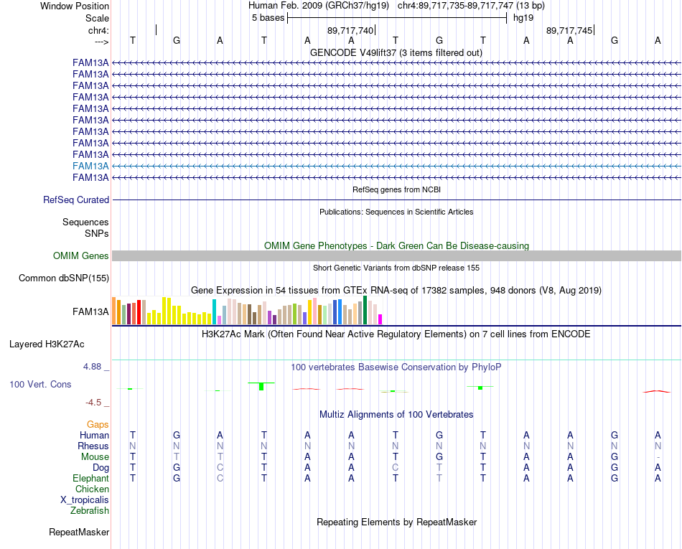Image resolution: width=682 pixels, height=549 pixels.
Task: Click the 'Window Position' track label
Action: (x=75, y=6)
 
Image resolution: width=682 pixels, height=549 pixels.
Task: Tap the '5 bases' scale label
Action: (x=268, y=18)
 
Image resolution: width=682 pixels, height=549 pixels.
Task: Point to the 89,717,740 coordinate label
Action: (x=350, y=30)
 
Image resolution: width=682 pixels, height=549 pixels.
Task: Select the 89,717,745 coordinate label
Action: (x=569, y=30)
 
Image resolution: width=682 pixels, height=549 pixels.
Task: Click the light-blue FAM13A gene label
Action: (x=90, y=166)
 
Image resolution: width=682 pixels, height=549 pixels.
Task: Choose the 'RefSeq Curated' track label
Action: (x=76, y=200)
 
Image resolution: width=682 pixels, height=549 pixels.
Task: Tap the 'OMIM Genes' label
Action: (x=81, y=255)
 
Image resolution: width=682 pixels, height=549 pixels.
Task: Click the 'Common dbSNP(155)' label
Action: (x=64, y=278)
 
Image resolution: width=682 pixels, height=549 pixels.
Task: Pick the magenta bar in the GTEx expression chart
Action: (x=380, y=319)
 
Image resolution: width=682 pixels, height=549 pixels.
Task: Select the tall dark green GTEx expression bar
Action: (x=365, y=310)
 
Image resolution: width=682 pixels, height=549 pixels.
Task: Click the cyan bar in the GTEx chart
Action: (x=214, y=311)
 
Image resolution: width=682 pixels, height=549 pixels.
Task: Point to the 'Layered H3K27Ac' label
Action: (x=47, y=344)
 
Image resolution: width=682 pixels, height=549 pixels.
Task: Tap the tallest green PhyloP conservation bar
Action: (x=261, y=386)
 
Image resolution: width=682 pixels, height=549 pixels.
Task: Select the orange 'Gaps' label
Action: (x=98, y=424)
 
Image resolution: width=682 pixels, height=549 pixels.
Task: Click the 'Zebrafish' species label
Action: (x=90, y=510)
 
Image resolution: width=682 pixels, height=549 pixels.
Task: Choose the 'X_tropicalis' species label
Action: (x=85, y=500)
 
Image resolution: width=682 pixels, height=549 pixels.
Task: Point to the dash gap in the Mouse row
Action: (x=658, y=457)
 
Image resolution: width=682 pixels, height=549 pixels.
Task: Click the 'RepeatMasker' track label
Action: (x=79, y=532)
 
